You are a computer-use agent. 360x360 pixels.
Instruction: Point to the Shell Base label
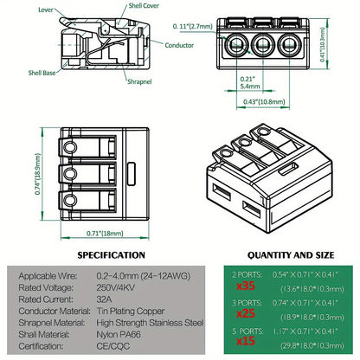18,74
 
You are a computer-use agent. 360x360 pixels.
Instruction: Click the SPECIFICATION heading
112,255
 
